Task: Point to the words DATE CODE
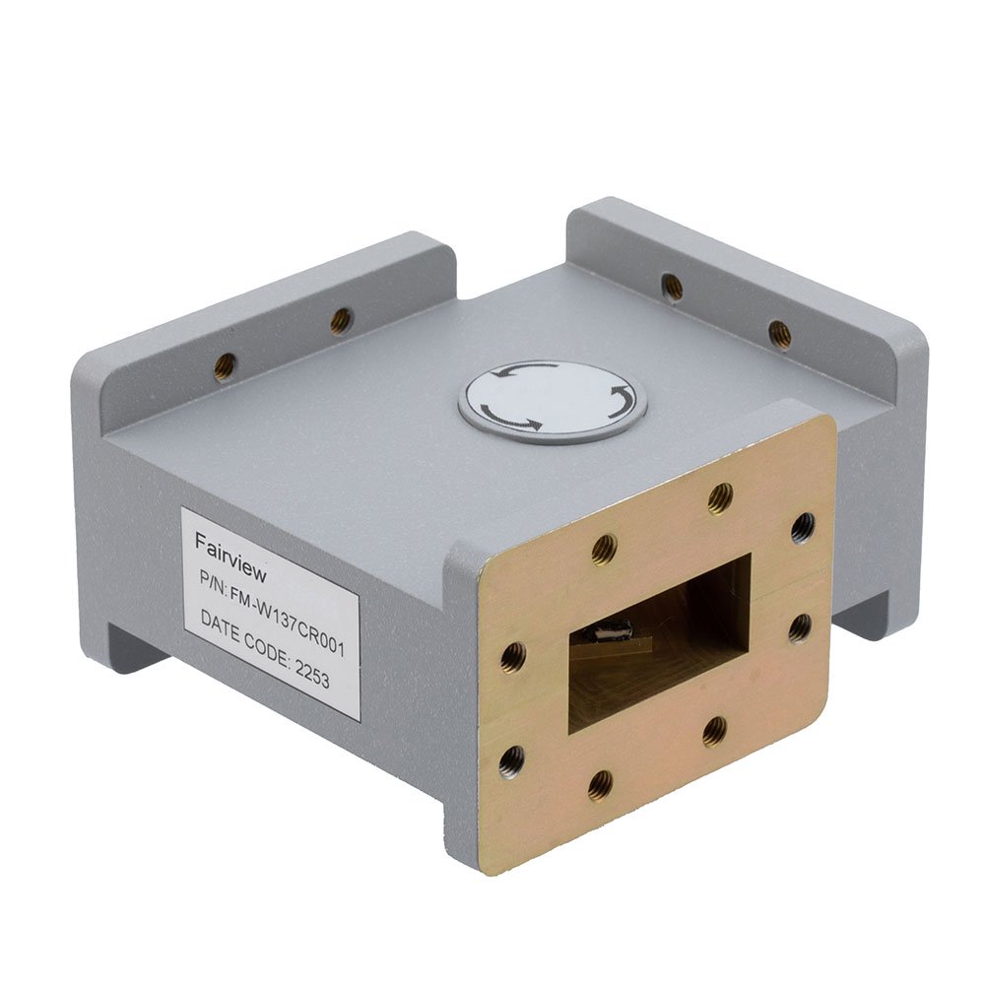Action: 245,635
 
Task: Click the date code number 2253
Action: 312,672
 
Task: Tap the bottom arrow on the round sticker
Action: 510,420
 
